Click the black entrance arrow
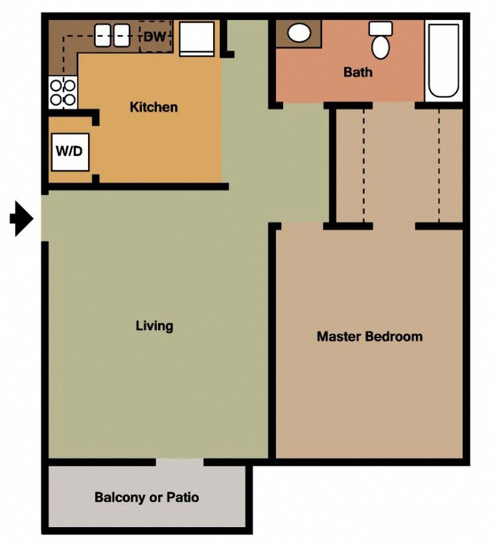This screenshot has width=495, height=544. (x=22, y=219)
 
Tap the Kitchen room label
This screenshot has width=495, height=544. (x=154, y=107)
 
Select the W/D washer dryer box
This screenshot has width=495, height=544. (x=70, y=152)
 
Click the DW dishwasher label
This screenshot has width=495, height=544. (x=155, y=37)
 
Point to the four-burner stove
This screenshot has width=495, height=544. (x=63, y=92)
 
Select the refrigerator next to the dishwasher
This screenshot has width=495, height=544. (x=196, y=38)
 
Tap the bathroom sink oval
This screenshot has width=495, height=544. (x=299, y=33)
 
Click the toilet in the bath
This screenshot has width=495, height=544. (x=380, y=40)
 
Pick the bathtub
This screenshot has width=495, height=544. (x=444, y=60)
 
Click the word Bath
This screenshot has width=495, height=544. (x=358, y=72)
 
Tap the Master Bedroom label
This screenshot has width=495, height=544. (x=369, y=337)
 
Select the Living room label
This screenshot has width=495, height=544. (x=154, y=326)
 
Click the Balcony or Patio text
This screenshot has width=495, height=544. (x=146, y=497)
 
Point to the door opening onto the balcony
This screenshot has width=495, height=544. (x=179, y=462)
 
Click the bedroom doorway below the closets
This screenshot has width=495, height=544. (x=394, y=226)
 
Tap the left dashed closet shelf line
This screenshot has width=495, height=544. (x=363, y=165)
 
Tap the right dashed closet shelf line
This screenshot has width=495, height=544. (x=439, y=165)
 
